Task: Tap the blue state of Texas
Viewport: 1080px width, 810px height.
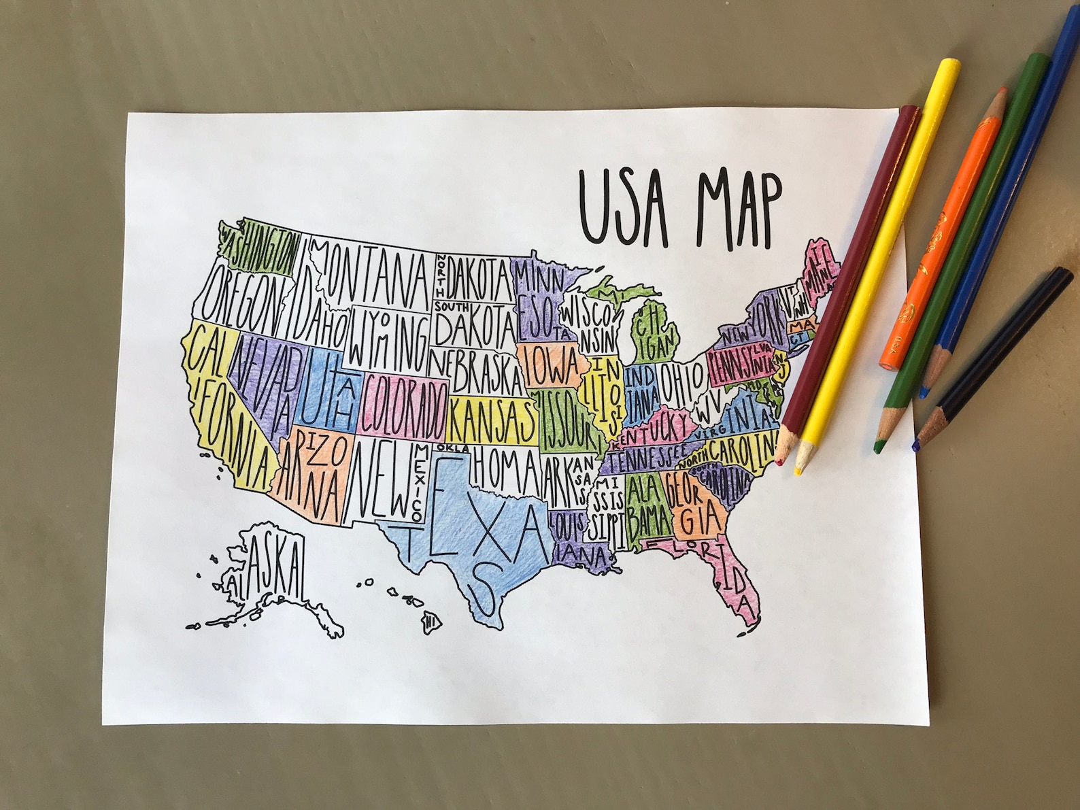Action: coord(476,537)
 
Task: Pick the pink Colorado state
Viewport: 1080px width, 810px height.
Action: coord(404,407)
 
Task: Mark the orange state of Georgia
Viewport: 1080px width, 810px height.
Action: coord(694,503)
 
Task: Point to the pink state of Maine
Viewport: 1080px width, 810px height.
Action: coord(820,265)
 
